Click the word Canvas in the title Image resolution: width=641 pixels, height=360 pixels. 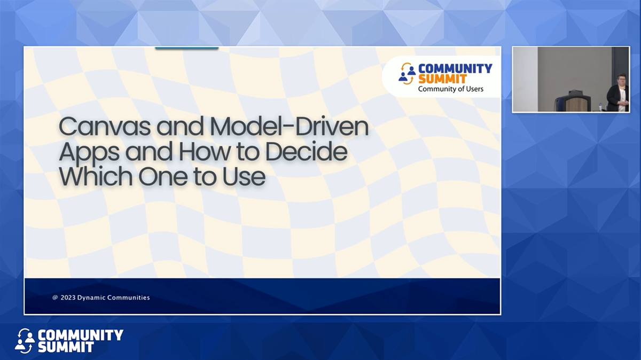(x=105, y=127)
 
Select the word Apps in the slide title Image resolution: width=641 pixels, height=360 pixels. (x=89, y=152)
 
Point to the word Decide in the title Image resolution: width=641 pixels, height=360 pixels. (x=307, y=151)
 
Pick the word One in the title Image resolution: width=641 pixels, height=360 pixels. (x=163, y=177)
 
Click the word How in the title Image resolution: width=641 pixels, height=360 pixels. (x=205, y=152)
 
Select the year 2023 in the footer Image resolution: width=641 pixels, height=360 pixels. (x=68, y=298)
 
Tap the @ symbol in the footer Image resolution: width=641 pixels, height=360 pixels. (x=55, y=298)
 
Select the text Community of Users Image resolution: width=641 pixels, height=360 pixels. (x=451, y=89)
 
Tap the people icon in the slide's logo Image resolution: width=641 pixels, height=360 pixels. (x=407, y=74)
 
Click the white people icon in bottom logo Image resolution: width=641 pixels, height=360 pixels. (x=25, y=341)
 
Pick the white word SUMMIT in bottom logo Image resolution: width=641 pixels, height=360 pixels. (x=66, y=347)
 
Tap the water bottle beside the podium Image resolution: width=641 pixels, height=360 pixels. (x=600, y=106)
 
